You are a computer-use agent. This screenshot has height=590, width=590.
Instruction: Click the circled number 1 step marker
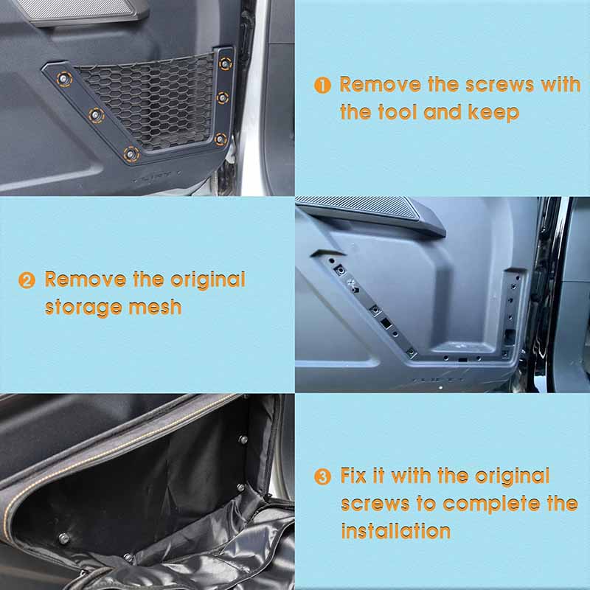coord(322,86)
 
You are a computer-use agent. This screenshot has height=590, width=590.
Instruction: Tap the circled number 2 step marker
coord(27,281)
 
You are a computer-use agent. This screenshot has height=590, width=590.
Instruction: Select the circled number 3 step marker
coord(322,477)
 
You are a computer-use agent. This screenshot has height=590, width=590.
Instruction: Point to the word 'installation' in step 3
coord(395,530)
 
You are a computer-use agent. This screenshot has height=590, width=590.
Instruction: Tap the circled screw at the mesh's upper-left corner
coord(65,78)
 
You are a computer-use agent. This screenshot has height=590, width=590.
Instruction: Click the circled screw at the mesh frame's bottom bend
coord(131,153)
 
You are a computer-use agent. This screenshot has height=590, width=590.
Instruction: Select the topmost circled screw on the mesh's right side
coord(224,63)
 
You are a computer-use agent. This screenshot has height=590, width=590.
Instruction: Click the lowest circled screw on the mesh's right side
coord(220,138)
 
